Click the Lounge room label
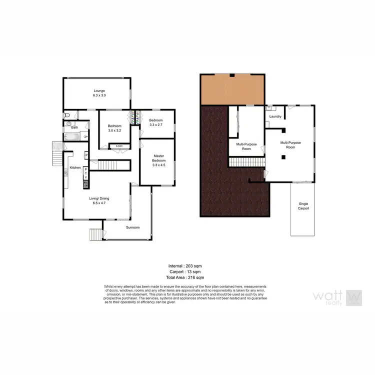[99, 90]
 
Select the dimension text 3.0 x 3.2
[114, 130]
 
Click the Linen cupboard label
[118, 146]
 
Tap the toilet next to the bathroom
[67, 115]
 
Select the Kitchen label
[75, 167]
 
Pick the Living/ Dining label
[99, 201]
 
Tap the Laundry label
[275, 116]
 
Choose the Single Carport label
[303, 205]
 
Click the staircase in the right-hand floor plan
[247, 163]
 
